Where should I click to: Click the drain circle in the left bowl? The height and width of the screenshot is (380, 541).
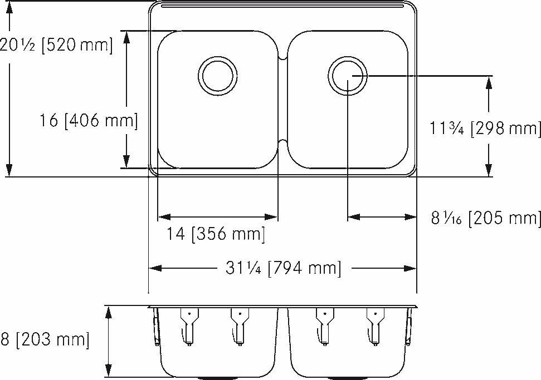click(217, 75)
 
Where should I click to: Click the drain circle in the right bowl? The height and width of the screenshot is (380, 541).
click(347, 75)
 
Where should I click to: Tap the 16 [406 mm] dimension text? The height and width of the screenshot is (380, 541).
click(89, 120)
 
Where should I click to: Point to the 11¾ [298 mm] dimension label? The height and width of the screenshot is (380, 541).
click(485, 129)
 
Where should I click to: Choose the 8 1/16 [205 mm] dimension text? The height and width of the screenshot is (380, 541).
click(485, 218)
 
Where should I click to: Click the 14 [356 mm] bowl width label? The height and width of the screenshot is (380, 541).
click(216, 234)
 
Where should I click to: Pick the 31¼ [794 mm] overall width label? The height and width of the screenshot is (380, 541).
click(283, 269)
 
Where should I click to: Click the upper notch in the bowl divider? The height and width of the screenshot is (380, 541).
click(282, 56)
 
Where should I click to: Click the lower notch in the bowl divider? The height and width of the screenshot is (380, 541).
click(282, 142)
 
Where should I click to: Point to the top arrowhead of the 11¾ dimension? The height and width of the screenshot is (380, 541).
click(489, 81)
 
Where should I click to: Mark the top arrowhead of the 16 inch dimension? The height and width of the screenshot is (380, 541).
click(128, 37)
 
